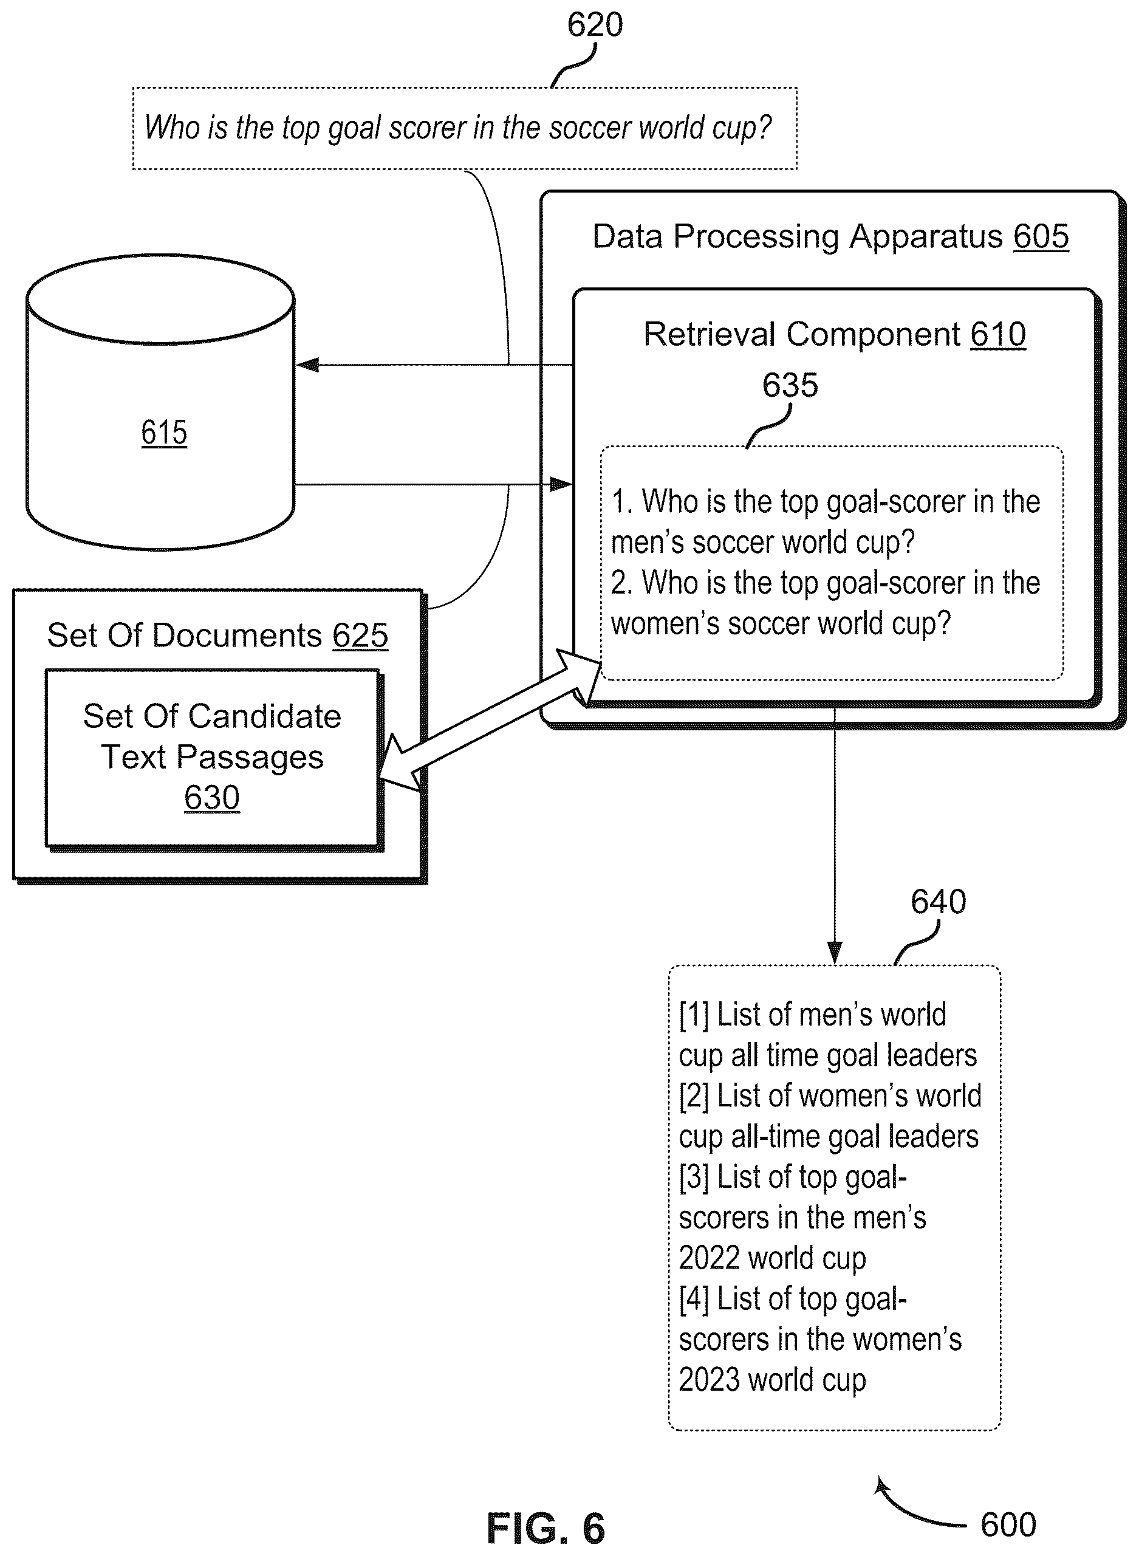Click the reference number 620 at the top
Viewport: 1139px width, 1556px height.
[595, 25]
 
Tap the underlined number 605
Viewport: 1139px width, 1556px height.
[1041, 236]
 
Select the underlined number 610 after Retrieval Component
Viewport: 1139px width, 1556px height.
[997, 334]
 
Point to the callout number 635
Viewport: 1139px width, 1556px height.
[790, 385]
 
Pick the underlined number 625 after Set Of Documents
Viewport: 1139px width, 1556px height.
[360, 636]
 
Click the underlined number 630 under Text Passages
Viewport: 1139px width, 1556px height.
[211, 798]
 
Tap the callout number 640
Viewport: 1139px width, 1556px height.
[939, 902]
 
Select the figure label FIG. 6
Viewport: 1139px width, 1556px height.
[546, 1527]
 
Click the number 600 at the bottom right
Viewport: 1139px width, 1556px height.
[1008, 1524]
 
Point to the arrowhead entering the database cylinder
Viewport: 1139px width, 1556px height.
[307, 365]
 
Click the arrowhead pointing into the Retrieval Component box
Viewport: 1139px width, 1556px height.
[561, 485]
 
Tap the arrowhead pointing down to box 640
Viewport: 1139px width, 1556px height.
[835, 953]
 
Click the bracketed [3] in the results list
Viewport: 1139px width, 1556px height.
[694, 1177]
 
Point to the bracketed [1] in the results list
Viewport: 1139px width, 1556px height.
[694, 1015]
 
